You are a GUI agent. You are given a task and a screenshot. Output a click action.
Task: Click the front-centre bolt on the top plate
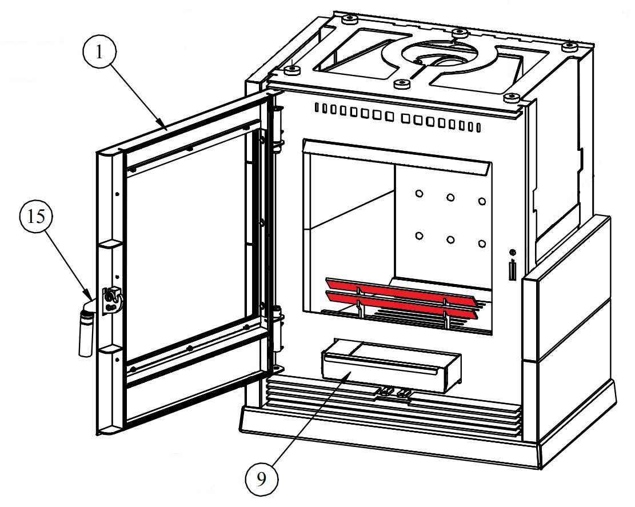point(404,83)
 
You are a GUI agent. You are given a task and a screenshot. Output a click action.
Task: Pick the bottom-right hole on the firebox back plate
point(482,243)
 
